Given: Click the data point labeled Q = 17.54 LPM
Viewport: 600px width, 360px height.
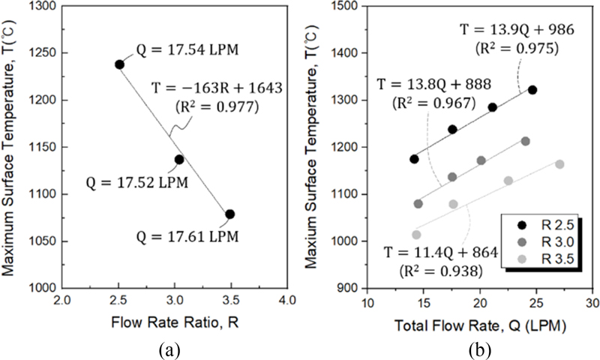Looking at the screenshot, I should pos(119,64).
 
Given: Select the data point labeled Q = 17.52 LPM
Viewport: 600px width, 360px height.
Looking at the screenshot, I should pos(179,159).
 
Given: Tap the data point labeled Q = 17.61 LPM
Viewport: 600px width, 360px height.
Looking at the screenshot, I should pos(230,214).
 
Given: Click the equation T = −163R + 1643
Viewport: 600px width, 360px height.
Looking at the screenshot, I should pos(217,88).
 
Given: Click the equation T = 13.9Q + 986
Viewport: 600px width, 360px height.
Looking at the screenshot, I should pos(511,31).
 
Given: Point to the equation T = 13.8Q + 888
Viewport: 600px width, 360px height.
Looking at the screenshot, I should pos(427,85).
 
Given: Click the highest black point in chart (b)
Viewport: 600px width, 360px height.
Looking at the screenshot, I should pos(532,90).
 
